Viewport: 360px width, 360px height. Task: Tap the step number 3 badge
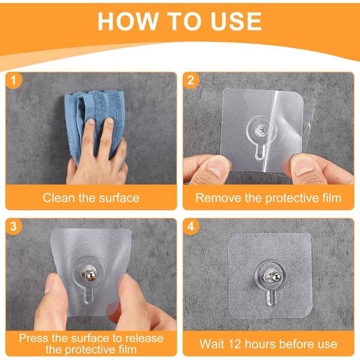(14, 226)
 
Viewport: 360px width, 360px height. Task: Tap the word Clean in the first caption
(57, 198)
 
